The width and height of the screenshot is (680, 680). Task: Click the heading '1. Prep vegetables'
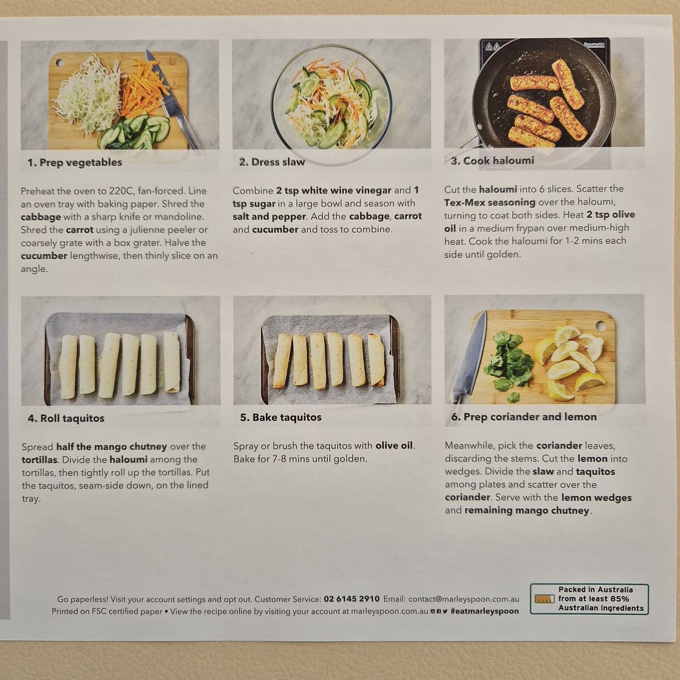coord(75,163)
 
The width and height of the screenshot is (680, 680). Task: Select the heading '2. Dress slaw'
coord(272,162)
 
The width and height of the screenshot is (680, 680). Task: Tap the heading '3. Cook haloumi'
coord(492,161)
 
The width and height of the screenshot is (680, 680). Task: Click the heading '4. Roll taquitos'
coord(66,418)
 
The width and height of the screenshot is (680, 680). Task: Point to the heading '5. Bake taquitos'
coord(280,417)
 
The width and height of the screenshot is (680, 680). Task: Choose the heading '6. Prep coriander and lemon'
coord(524,416)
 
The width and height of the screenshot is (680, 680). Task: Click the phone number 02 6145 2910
coord(352,599)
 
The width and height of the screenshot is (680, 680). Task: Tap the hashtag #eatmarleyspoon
coord(484,611)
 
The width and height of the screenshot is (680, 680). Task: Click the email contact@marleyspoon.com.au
coord(464,599)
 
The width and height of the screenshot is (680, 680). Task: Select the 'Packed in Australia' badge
coord(590,599)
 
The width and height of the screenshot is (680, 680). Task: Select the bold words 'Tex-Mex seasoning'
coord(489,203)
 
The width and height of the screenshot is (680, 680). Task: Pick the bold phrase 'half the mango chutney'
coord(112,447)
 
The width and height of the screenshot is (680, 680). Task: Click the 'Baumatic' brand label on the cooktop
coord(594,44)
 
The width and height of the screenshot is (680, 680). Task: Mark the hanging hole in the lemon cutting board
coord(600,325)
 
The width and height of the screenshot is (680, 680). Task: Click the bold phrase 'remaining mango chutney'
coord(527,511)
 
